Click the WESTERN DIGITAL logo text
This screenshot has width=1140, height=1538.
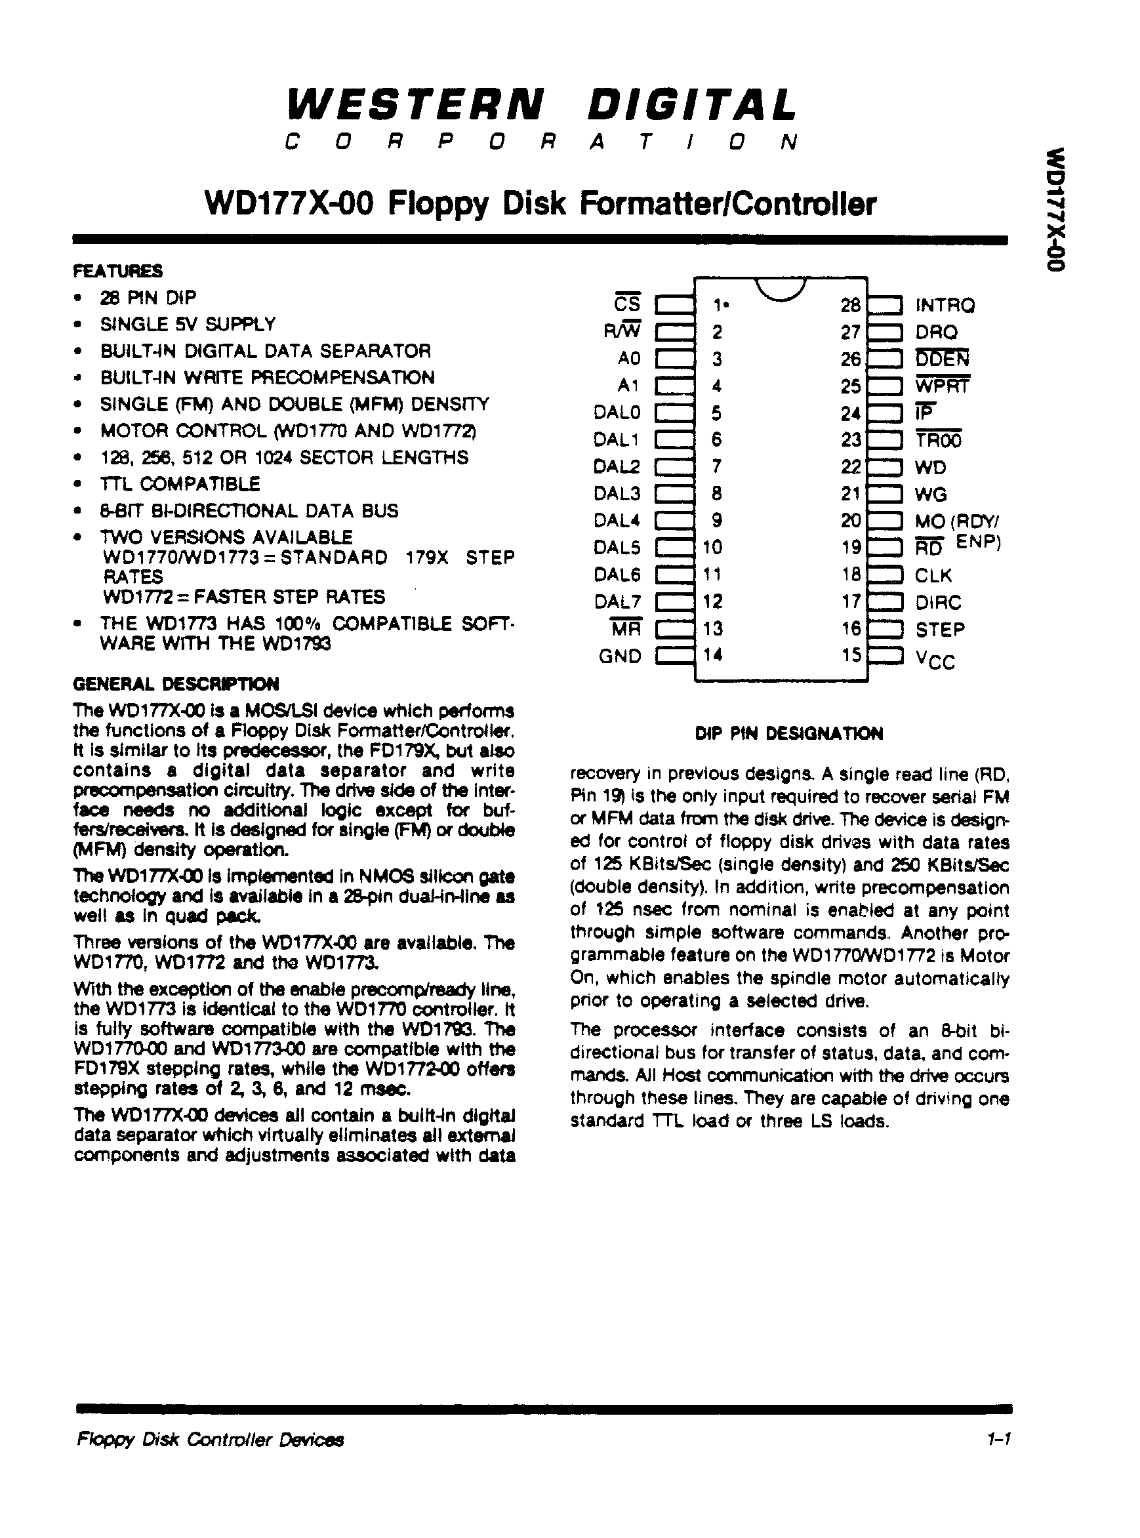pos(542,106)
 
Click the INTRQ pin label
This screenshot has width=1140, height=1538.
pos(945,305)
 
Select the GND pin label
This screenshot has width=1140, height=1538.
pos(620,655)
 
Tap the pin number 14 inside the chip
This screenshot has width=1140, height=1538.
pos(713,654)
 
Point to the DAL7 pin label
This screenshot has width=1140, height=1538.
pos(618,601)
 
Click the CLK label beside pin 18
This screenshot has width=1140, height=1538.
pos(933,575)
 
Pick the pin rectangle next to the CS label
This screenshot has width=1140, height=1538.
pos(675,305)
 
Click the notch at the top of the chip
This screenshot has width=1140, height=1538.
pos(780,289)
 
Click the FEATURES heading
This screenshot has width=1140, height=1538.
pos(118,270)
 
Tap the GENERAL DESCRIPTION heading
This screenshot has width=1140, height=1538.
pos(176,684)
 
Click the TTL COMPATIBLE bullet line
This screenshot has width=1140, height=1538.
pos(180,483)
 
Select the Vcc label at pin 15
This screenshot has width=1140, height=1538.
pos(935,660)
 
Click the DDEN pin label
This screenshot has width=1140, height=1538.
pos(942,359)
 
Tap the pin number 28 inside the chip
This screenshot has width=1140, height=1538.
pos(850,305)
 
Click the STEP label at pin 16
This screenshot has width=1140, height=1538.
pos(940,629)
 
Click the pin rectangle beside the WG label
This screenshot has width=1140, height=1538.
pos(885,494)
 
